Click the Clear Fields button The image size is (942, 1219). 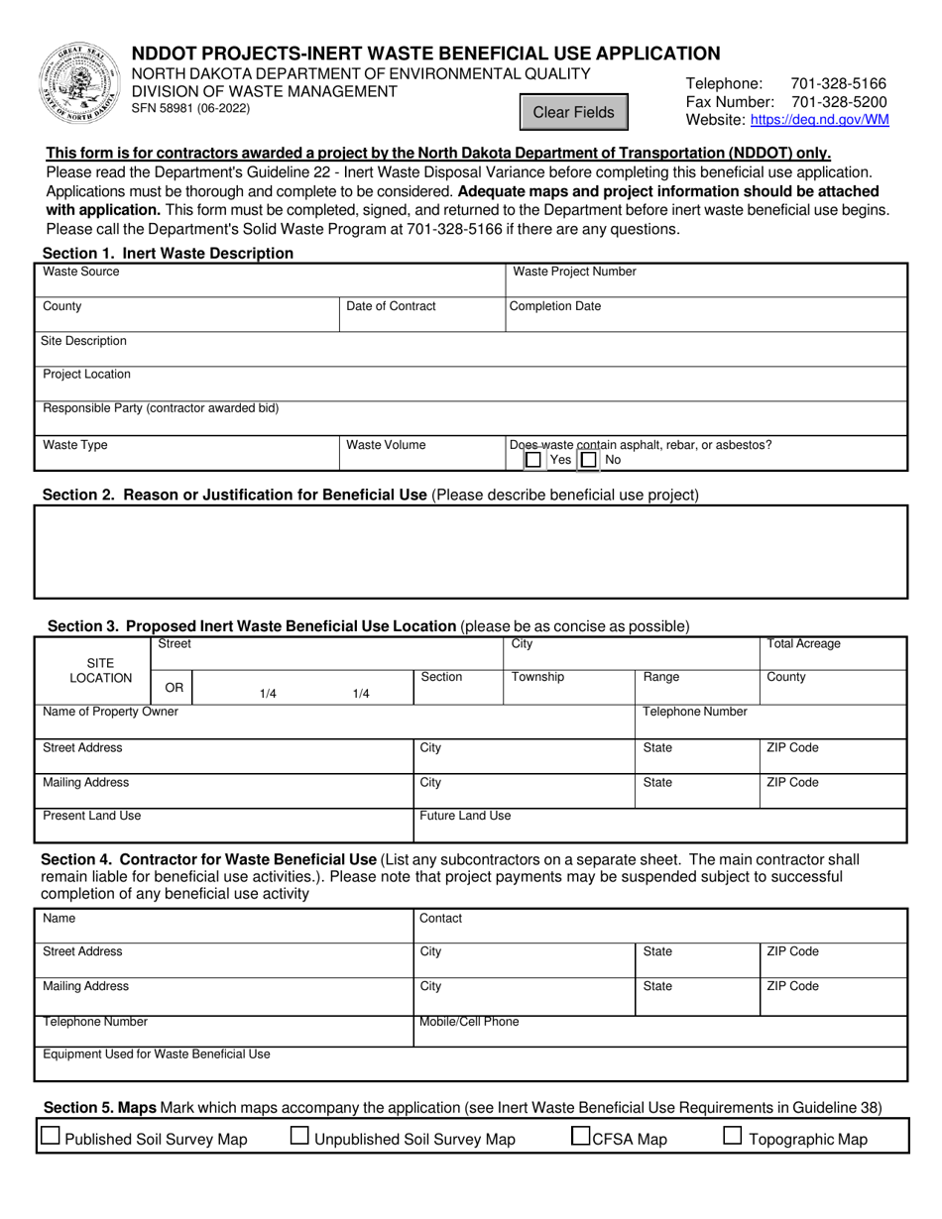(x=574, y=112)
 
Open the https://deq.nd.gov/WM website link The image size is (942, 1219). (x=819, y=120)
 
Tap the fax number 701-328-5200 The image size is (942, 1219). (x=839, y=102)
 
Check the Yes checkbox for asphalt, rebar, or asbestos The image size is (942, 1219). (x=533, y=460)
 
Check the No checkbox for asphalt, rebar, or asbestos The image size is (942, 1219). (x=589, y=460)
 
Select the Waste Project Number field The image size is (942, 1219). (x=706, y=284)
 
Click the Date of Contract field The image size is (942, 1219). (x=421, y=319)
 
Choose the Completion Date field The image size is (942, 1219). (x=706, y=319)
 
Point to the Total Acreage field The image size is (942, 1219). (x=833, y=657)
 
